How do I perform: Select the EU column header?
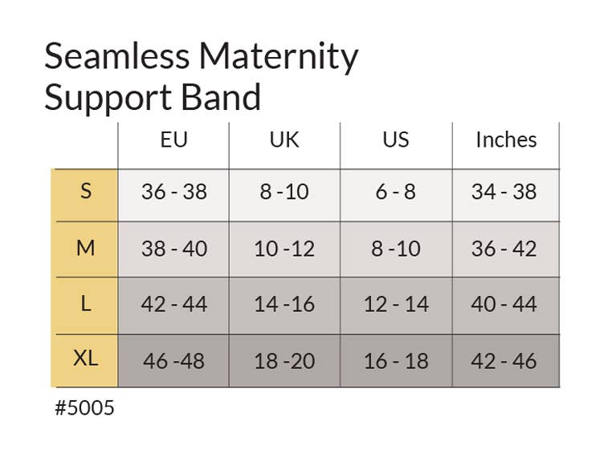tap(173, 140)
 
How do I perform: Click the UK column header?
tap(284, 140)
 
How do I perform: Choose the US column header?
tap(395, 140)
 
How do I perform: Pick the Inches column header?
tap(506, 140)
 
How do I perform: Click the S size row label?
tap(86, 192)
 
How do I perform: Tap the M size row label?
tap(86, 249)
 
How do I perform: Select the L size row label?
tap(86, 304)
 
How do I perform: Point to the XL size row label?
tap(86, 359)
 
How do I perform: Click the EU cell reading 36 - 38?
tap(173, 193)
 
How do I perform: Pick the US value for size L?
tap(395, 305)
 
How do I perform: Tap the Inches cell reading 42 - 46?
tap(504, 361)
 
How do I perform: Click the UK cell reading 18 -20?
tap(284, 361)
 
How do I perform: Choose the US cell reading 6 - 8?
tap(395, 193)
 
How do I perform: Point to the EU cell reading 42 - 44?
tap(173, 305)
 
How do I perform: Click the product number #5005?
tap(84, 408)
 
